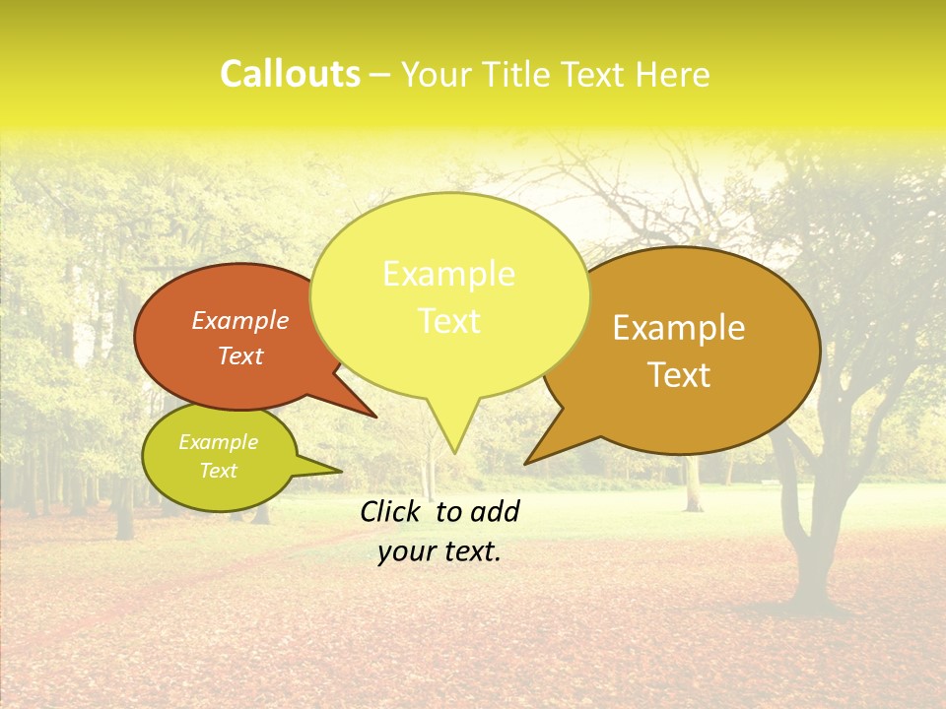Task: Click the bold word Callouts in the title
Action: point(290,74)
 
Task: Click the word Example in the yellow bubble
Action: point(448,274)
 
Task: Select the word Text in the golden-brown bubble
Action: point(679,375)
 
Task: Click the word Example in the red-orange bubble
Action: point(239,320)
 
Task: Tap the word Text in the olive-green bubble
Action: point(218,471)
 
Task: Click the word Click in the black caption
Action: point(392,511)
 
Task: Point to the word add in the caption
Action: point(494,511)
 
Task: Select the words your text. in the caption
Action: point(439,552)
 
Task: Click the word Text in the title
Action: point(593,74)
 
